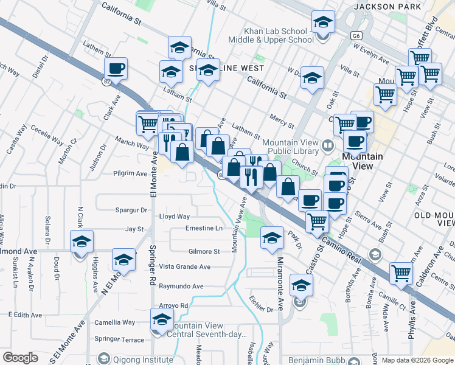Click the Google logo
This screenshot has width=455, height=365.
[20, 358]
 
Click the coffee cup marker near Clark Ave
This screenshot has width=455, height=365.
[116, 69]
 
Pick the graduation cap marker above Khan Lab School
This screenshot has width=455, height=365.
[323, 23]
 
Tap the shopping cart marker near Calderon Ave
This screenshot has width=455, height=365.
[401, 274]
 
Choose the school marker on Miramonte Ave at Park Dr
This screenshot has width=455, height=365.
[272, 238]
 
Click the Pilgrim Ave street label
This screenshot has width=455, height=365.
[131, 173]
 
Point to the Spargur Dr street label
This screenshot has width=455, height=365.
[131, 210]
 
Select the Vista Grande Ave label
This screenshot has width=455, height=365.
[184, 266]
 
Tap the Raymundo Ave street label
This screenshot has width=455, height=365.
[181, 286]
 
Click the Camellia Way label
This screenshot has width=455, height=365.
[114, 322]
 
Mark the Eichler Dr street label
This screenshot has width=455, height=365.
[261, 304]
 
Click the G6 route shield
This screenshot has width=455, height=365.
[355, 36]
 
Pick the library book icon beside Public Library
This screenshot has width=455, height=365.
[328, 145]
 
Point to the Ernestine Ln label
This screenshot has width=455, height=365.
[204, 228]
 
